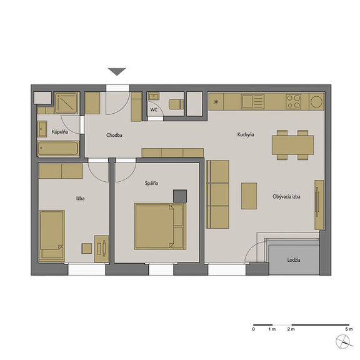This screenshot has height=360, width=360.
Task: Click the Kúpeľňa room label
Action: [60, 132]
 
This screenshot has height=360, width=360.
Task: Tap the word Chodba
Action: [114, 135]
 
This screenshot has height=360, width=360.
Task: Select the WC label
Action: [154, 110]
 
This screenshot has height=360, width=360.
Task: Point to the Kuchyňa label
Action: [246, 134]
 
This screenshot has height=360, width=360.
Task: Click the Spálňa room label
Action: [151, 183]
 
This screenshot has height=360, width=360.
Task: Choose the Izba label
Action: [81, 198]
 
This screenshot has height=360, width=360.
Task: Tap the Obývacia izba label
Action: [286, 196]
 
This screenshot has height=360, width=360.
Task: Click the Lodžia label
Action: [294, 260]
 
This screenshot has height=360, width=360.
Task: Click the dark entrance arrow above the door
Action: [117, 72]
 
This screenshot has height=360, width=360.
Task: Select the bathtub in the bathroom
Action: [58, 149]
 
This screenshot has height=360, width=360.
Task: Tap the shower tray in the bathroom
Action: [67, 103]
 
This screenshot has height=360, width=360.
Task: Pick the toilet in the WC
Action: [176, 104]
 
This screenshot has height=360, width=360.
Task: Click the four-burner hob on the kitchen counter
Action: [293, 101]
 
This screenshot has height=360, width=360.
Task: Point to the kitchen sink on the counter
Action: [252, 101]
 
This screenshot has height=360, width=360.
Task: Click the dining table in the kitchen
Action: [292, 145]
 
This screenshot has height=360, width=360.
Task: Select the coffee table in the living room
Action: [249, 196]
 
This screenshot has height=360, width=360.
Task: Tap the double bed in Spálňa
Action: [160, 226]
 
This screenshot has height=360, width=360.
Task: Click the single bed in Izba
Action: [52, 236]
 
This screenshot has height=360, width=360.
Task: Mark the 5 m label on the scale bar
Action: [349, 329]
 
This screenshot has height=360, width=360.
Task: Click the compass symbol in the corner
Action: [343, 342]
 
